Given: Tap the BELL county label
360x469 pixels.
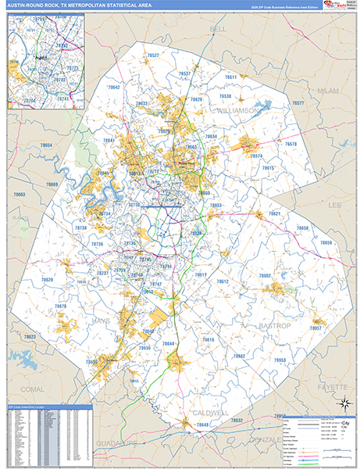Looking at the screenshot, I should point(218,28).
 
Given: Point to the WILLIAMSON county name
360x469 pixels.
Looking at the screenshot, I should point(237,112).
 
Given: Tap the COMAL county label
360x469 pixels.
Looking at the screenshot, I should point(34,388).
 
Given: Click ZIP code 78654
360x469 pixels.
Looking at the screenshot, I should point(46,146).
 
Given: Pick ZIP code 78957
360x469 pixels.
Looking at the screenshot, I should point(317,328).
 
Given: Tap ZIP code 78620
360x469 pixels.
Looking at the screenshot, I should point(48,280).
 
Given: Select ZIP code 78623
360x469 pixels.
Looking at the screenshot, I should point(29,336).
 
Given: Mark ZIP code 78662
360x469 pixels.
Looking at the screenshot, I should point(238,356).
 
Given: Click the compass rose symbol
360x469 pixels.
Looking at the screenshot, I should point(342,403).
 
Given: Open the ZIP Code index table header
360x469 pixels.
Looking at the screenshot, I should point(47,408).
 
